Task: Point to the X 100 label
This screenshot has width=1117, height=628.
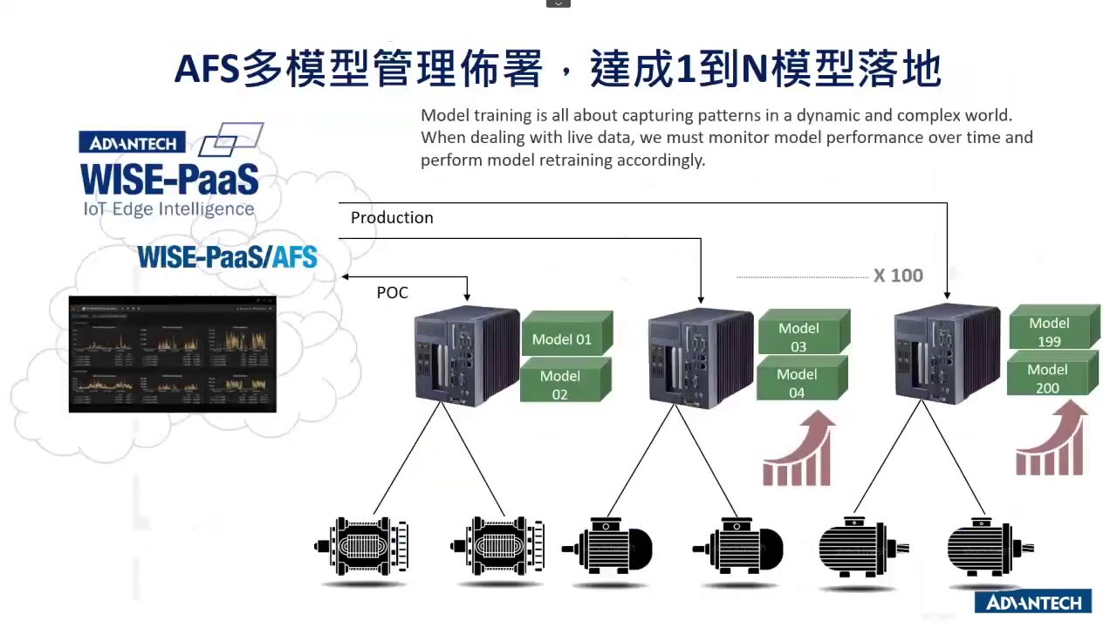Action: click(898, 276)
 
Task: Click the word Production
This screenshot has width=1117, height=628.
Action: click(392, 218)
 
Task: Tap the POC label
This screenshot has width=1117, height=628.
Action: click(392, 293)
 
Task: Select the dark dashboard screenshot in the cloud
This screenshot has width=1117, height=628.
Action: click(172, 354)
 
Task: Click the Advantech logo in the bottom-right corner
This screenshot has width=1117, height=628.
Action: click(1033, 603)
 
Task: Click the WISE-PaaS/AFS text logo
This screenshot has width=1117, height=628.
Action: click(227, 256)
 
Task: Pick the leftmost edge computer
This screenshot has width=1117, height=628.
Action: click(466, 355)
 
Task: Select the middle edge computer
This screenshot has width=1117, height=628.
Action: click(700, 357)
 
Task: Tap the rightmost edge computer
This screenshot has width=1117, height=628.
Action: click(948, 354)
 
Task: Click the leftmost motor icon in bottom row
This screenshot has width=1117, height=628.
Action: click(361, 547)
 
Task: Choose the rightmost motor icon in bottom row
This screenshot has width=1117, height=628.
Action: click(990, 549)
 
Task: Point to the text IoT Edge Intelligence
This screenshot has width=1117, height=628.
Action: click(168, 209)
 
